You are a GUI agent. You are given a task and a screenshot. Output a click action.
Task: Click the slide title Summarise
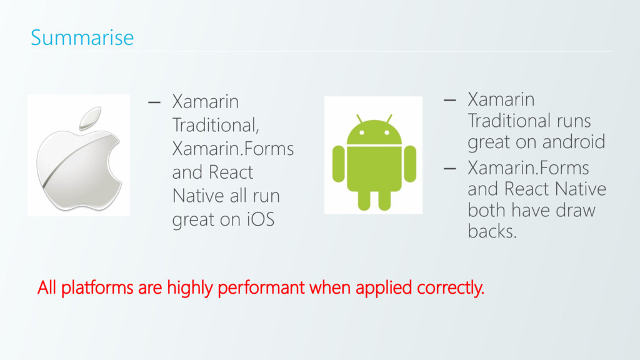82,37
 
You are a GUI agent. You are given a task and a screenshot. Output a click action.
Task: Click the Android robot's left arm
338,164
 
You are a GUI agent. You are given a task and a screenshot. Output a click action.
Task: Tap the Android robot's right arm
410,164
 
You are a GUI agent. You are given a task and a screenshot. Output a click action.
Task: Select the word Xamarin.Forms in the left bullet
232,149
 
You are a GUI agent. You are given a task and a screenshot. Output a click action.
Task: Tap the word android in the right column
573,142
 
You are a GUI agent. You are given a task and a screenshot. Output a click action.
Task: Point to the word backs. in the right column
492,232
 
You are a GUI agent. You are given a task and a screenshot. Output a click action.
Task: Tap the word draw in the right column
574,210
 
